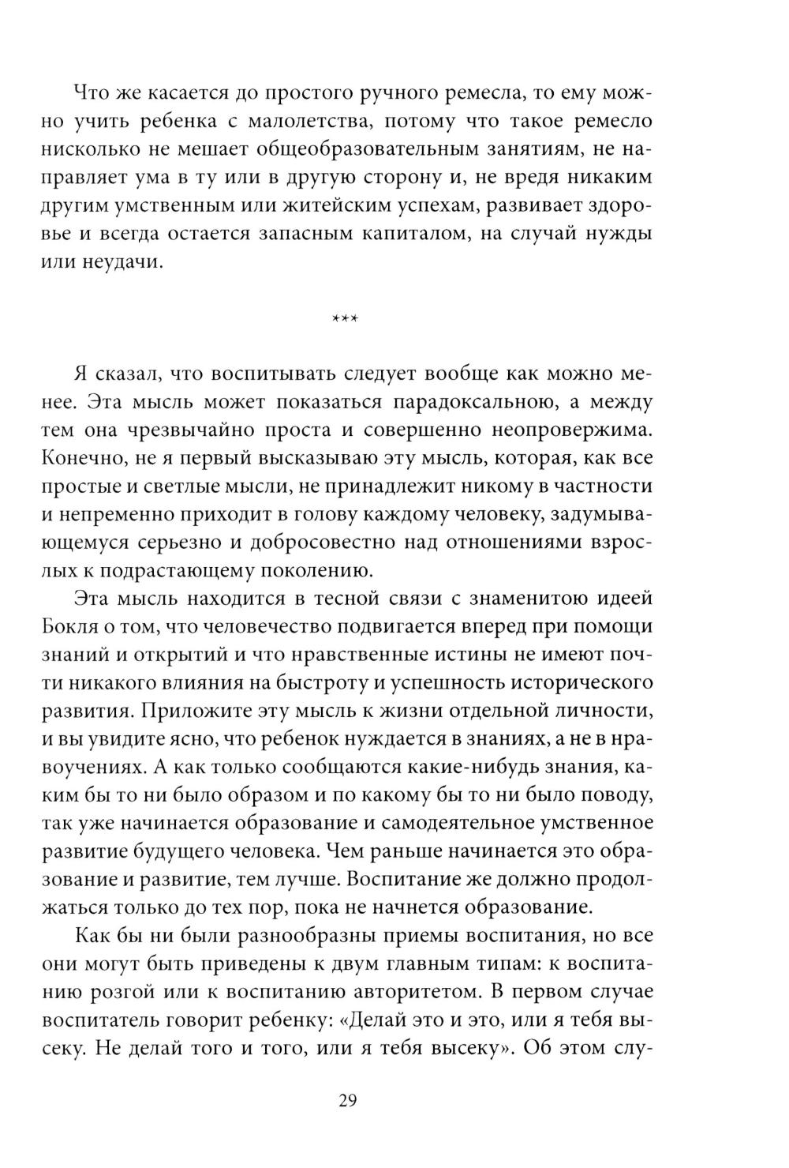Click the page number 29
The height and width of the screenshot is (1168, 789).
(x=349, y=1101)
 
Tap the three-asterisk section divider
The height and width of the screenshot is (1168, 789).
(x=346, y=320)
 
